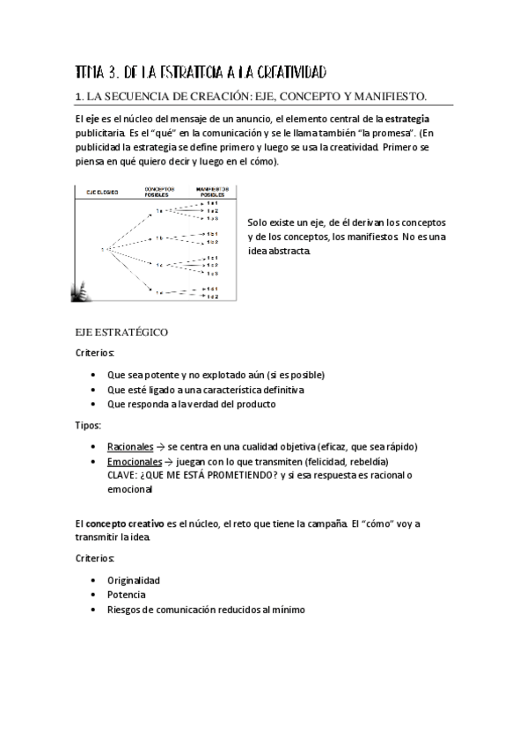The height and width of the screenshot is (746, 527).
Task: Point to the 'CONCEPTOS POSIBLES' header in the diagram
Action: coord(159,191)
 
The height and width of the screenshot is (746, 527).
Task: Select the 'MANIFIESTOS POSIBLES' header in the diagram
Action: coord(207,191)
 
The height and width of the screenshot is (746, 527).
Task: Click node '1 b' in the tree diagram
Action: coord(159,238)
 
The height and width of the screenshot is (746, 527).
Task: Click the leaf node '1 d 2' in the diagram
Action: coord(213,296)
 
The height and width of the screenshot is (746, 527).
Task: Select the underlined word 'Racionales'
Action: coord(129,446)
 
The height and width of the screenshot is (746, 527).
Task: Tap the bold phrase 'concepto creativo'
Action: coord(124,524)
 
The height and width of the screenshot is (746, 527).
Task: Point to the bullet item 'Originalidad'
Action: coord(134,580)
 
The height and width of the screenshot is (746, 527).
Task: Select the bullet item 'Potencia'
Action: coord(127,595)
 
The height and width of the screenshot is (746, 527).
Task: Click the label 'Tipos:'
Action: coord(88,425)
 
